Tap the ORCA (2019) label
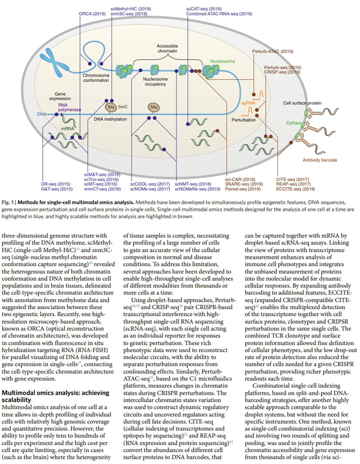pyautogui.click(x=92, y=14)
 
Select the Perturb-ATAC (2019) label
pyautogui.click(x=272, y=51)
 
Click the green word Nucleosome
pyautogui.click(x=222, y=61)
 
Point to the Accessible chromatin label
pyautogui.click(x=167, y=48)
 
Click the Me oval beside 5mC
pyautogui.click(x=111, y=107)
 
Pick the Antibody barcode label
pyautogui.click(x=320, y=160)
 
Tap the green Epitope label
pyautogui.click(x=293, y=123)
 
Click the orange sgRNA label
pyautogui.click(x=248, y=103)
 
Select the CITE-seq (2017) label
pyautogui.click(x=292, y=179)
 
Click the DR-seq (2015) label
pyautogui.click(x=55, y=184)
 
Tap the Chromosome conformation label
pyautogui.click(x=96, y=78)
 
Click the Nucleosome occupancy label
pyautogui.click(x=155, y=81)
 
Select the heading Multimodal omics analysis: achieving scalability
pyautogui.click(x=55, y=396)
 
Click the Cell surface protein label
pyautogui.click(x=302, y=103)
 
